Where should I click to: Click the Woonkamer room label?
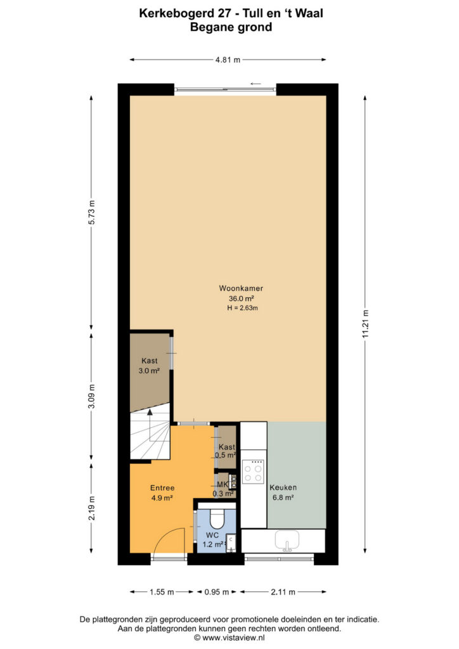[241, 288]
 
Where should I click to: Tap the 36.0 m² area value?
[242, 299]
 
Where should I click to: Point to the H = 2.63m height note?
[243, 308]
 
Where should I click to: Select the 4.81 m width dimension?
[228, 60]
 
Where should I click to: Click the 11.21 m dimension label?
[365, 324]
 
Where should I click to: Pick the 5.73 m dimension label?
[91, 212]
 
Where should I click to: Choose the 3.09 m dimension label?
[91, 397]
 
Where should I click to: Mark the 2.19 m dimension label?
[91, 508]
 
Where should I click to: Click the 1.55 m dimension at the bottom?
[162, 592]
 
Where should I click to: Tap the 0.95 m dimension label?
[216, 592]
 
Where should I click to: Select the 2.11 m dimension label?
[283, 592]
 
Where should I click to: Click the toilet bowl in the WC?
[217, 517]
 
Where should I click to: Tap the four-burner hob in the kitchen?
[254, 472]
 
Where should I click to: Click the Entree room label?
[162, 488]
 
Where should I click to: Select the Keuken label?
[283, 487]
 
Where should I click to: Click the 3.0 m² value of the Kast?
[149, 371]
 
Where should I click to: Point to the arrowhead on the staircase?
[150, 411]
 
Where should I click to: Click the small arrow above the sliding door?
[255, 84]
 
